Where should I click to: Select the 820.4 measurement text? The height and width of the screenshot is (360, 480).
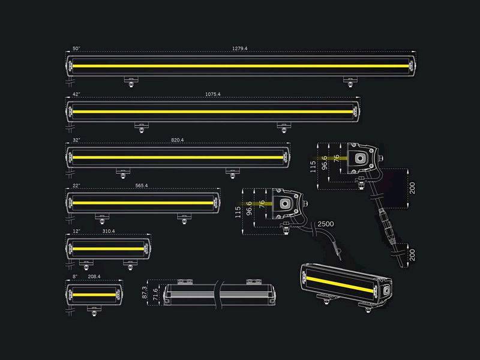[177, 140]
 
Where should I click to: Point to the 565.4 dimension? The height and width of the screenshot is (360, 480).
[142, 186]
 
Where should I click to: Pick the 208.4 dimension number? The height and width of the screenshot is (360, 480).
[95, 277]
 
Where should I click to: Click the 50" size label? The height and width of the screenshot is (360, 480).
[76, 48]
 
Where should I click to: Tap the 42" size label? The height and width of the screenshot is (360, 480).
[76, 94]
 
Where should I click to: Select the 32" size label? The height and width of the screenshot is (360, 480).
[76, 140]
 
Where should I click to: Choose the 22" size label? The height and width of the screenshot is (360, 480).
[76, 186]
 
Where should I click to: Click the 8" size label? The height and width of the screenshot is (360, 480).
[74, 277]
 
